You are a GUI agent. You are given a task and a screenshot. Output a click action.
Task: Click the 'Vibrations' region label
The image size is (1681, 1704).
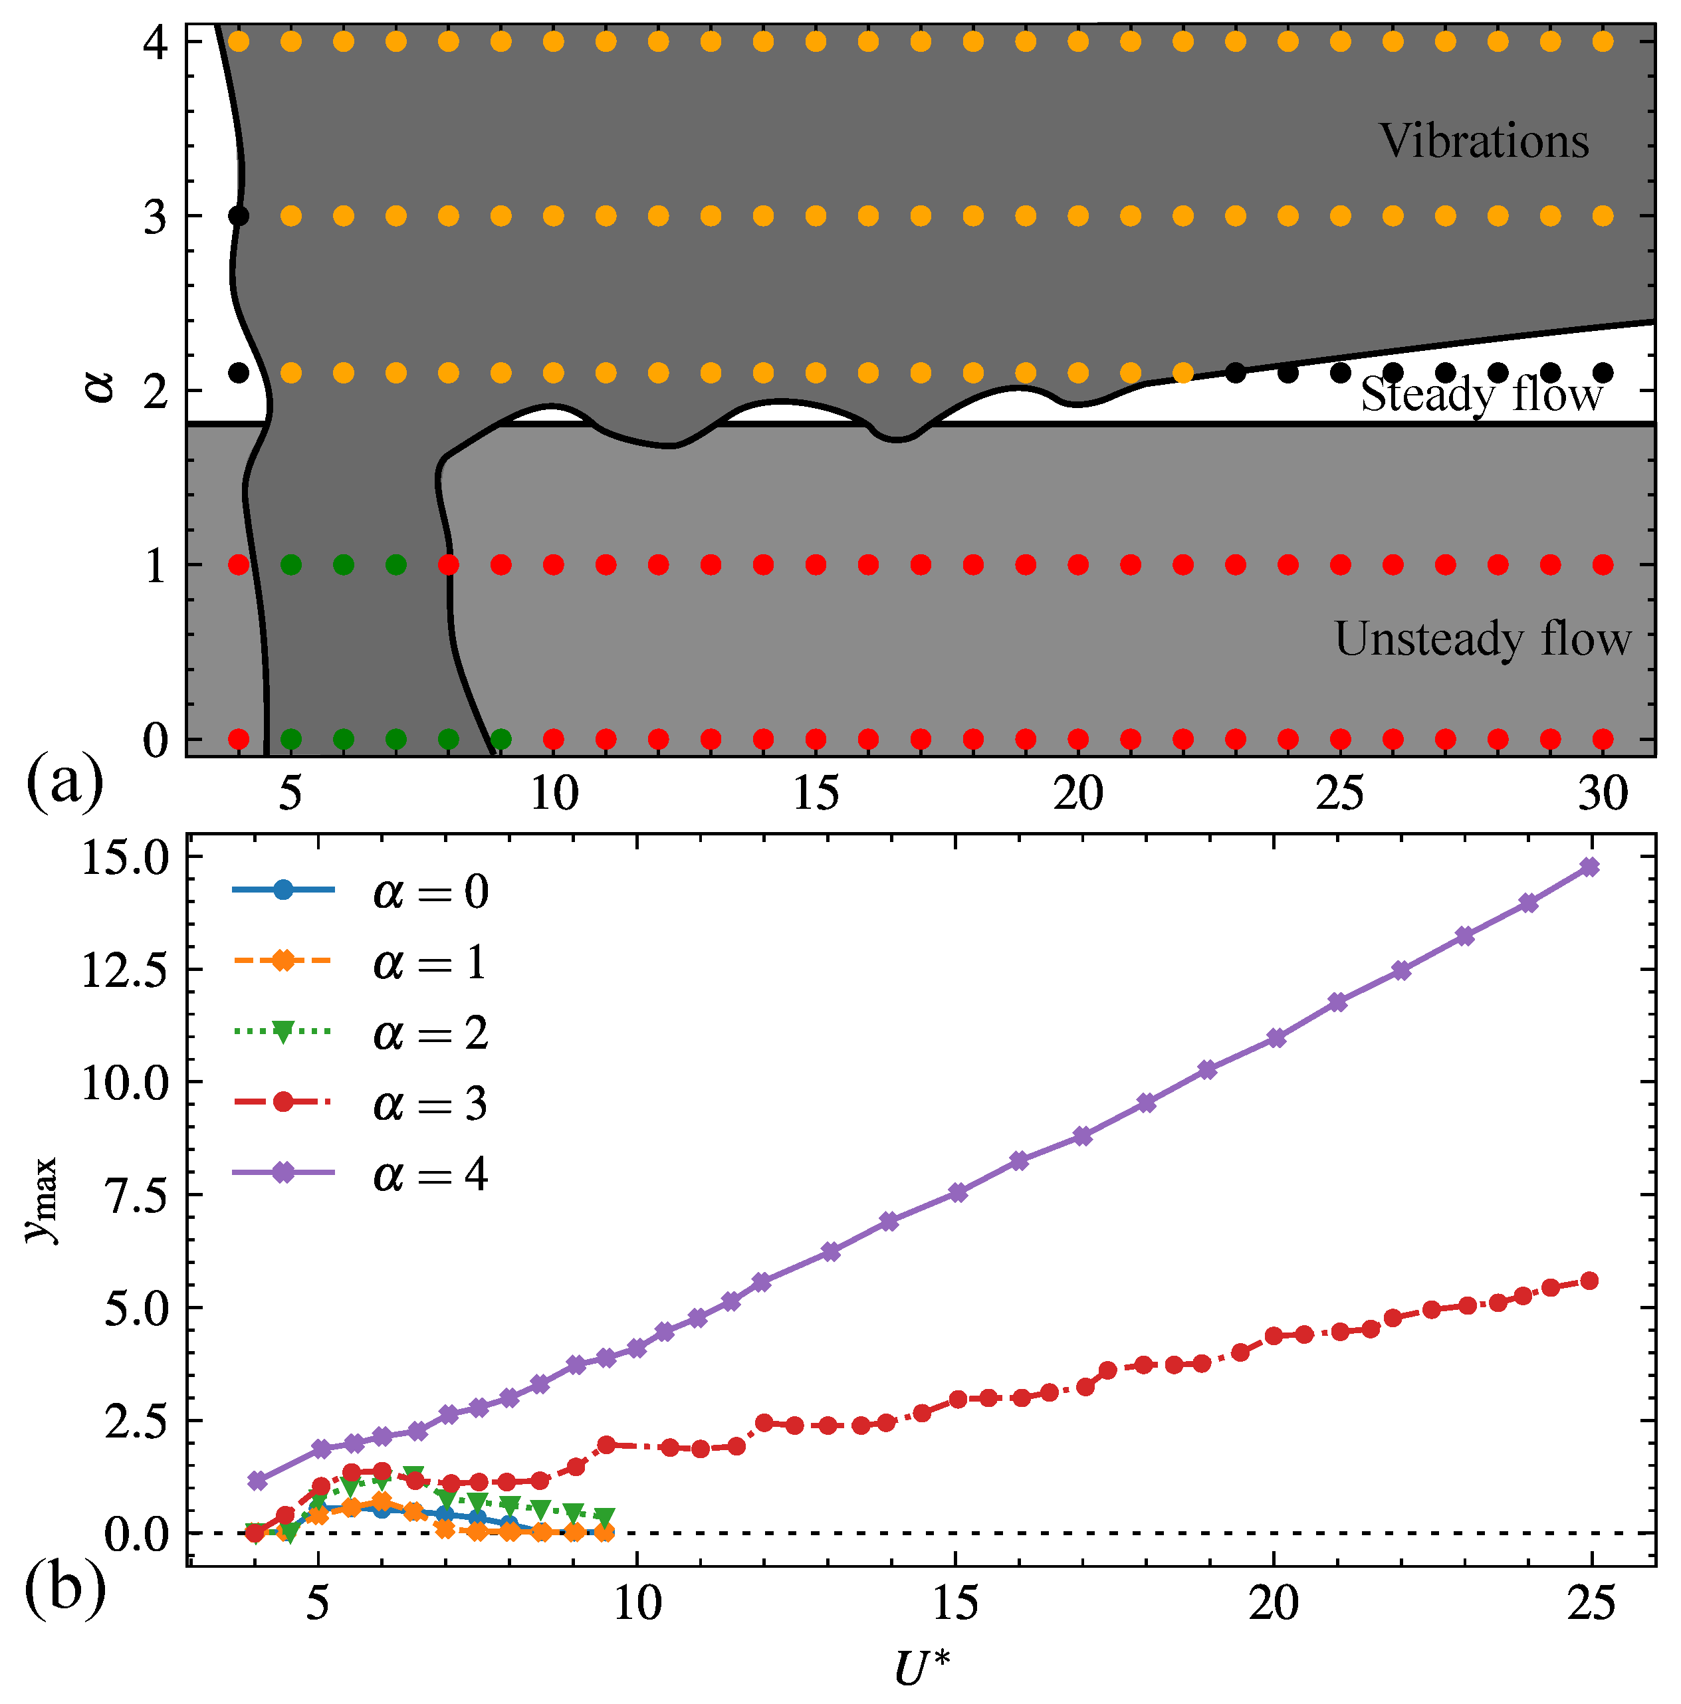1484,141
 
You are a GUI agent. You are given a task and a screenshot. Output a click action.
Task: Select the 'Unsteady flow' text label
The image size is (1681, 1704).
1482,639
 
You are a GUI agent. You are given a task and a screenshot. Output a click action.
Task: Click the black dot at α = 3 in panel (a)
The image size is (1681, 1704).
238,216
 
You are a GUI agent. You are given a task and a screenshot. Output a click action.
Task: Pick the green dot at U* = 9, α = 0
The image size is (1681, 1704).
501,738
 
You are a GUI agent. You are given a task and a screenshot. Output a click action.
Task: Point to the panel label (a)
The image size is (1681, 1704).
64,782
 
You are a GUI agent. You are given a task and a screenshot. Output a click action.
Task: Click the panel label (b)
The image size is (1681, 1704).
64,1588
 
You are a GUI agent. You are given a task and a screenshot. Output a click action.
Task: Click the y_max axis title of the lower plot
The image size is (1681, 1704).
41,1200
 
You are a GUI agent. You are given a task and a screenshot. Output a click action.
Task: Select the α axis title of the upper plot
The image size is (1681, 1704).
100,385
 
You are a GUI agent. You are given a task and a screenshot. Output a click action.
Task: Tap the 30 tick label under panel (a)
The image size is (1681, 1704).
1603,794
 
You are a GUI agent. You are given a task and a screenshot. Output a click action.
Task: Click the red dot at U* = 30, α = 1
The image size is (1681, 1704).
1603,564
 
